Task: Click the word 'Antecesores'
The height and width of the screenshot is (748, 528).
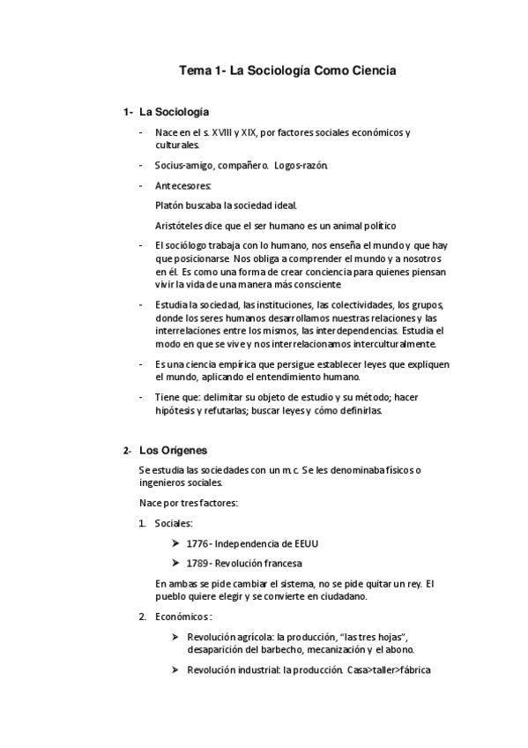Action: click(183, 185)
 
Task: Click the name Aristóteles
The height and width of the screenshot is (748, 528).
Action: click(179, 225)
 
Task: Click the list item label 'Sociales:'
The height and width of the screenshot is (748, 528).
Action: click(174, 523)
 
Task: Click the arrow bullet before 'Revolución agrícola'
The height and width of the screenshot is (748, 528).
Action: click(175, 636)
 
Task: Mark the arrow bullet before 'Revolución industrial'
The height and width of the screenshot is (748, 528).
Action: click(175, 669)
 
